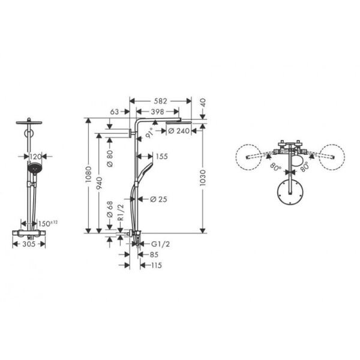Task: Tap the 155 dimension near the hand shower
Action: coord(160,157)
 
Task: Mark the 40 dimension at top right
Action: coord(202,103)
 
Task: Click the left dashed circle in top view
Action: coord(250,158)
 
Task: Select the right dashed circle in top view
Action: coord(331,158)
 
